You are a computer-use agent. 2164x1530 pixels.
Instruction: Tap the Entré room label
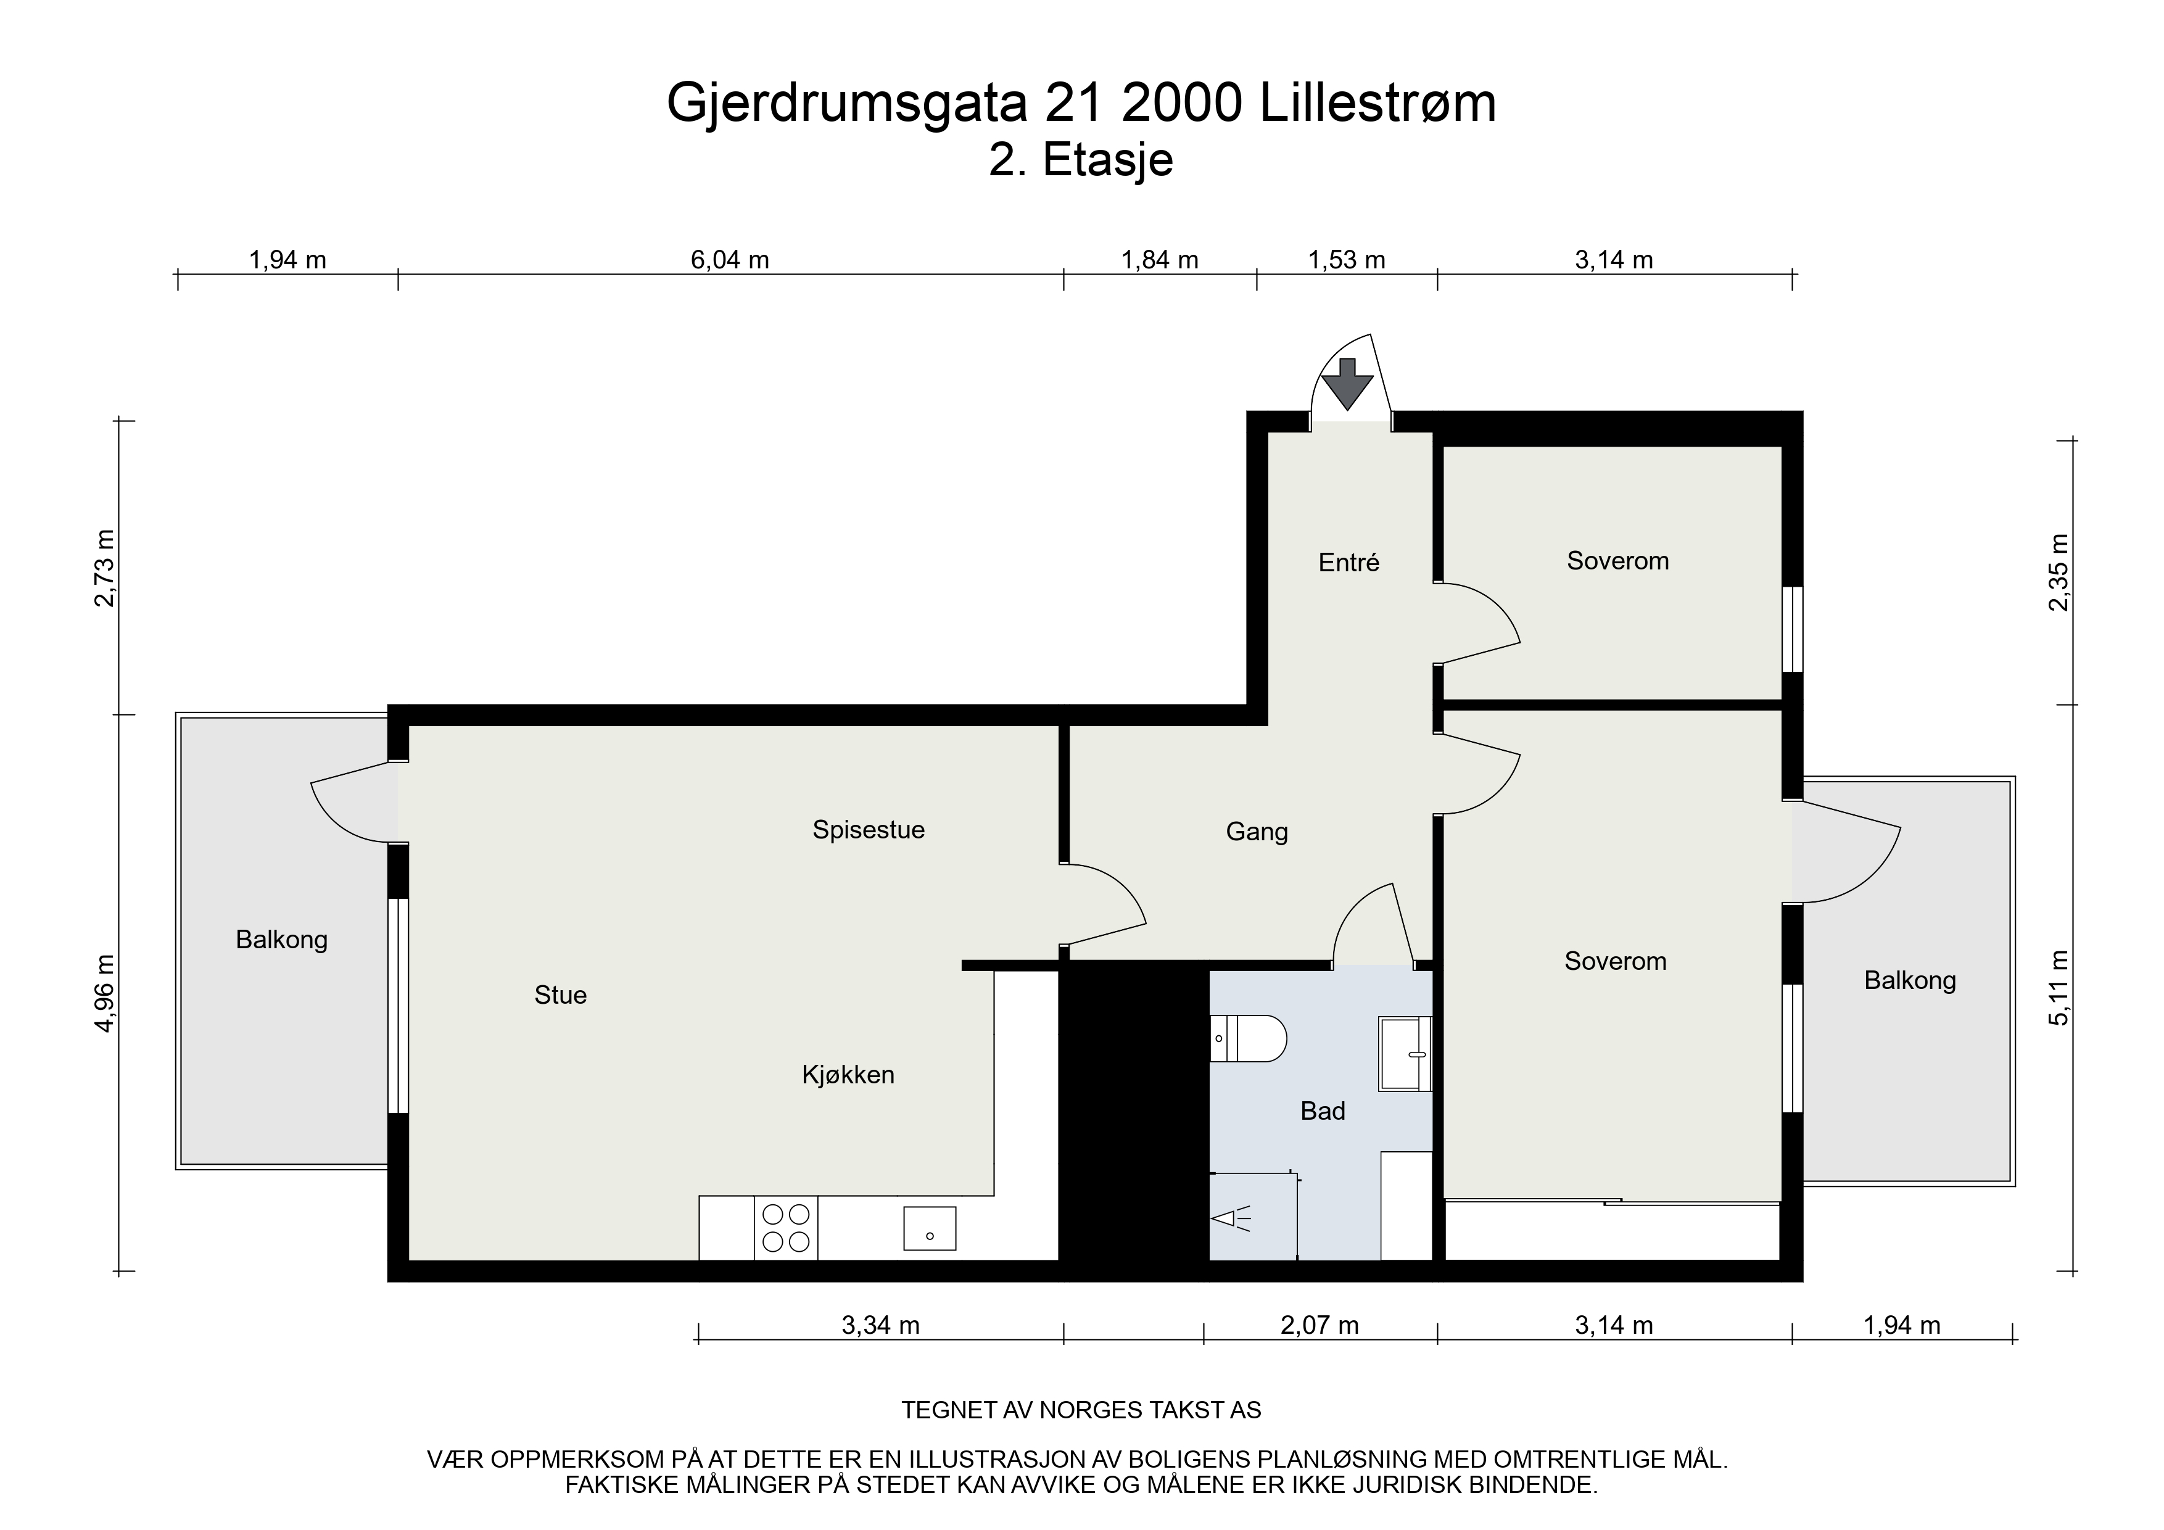coord(1348,563)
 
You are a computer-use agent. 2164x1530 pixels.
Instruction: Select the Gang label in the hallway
coord(1257,832)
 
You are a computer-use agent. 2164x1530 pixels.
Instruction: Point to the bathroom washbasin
coord(1405,1053)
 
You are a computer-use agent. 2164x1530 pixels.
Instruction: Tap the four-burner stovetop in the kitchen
coord(786,1228)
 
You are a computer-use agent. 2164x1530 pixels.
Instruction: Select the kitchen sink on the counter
coord(929,1228)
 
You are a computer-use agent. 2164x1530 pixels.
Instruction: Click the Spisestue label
coord(868,830)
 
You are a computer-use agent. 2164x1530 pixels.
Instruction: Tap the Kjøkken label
coord(848,1075)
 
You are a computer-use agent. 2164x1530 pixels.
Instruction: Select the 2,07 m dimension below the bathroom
coord(1319,1325)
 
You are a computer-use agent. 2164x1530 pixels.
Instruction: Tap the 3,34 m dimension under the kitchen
coord(880,1325)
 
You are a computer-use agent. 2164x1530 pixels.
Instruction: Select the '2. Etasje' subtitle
coord(1081,160)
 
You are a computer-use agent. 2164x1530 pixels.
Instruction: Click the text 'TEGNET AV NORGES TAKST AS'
coord(1081,1410)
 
